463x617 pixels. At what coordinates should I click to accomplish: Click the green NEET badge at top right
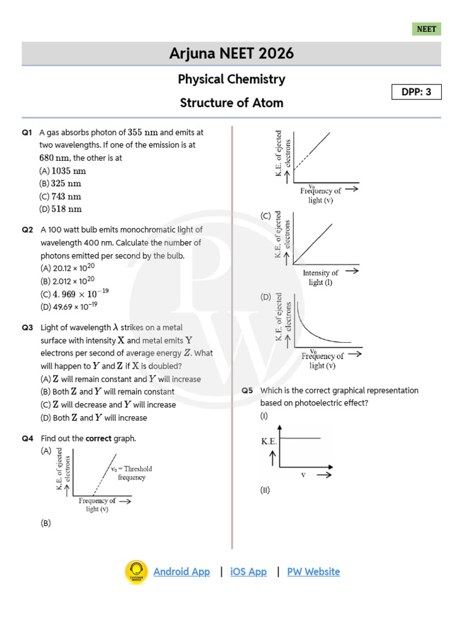(x=426, y=29)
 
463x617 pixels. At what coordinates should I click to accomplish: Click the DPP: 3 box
(x=417, y=92)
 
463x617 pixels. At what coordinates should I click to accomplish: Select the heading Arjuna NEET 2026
(x=231, y=54)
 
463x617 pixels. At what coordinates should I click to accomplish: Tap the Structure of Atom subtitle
(x=231, y=103)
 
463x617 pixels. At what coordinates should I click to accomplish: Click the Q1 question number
(x=27, y=132)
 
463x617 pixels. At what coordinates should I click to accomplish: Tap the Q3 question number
(x=27, y=328)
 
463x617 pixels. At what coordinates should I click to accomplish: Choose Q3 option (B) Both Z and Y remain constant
(x=107, y=392)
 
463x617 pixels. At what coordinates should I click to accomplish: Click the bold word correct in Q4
(x=98, y=438)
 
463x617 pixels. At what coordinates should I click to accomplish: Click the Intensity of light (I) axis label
(x=320, y=278)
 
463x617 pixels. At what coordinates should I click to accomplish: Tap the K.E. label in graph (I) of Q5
(x=269, y=442)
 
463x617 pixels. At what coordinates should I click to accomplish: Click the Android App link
(x=181, y=572)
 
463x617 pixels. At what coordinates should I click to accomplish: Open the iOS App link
(x=248, y=572)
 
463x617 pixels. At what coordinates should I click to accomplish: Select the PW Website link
(x=313, y=572)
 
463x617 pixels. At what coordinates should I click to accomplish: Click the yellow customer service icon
(x=136, y=572)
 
